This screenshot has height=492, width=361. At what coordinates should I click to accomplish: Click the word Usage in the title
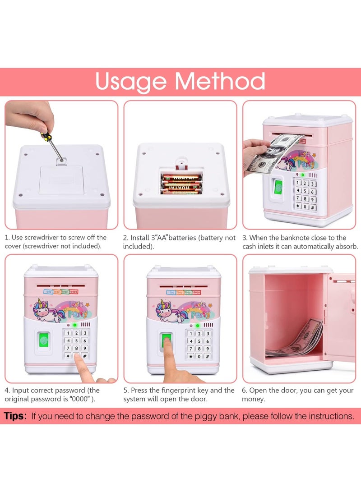(131, 82)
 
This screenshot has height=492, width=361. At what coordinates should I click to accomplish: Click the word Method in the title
(220, 82)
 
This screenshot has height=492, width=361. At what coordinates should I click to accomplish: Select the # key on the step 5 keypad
(207, 356)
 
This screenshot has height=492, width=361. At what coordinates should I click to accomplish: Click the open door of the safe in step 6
(342, 316)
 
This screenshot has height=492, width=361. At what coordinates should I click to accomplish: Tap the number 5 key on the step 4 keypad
(76, 341)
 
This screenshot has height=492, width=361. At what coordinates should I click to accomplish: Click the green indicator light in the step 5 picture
(197, 325)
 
